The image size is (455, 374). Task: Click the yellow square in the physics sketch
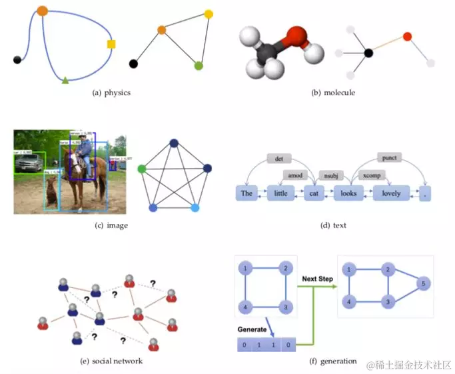pos(111,44)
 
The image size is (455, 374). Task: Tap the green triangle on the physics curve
pos(65,81)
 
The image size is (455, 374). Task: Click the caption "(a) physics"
pos(111,93)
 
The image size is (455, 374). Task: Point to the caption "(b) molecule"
pos(333,93)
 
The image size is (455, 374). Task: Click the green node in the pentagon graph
pos(142,170)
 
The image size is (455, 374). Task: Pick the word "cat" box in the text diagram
pos(314,193)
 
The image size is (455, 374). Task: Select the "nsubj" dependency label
pos(329,175)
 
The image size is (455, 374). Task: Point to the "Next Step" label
pos(318,279)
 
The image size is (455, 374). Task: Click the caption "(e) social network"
pos(111,361)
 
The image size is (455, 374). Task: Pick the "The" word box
pos(246,193)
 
